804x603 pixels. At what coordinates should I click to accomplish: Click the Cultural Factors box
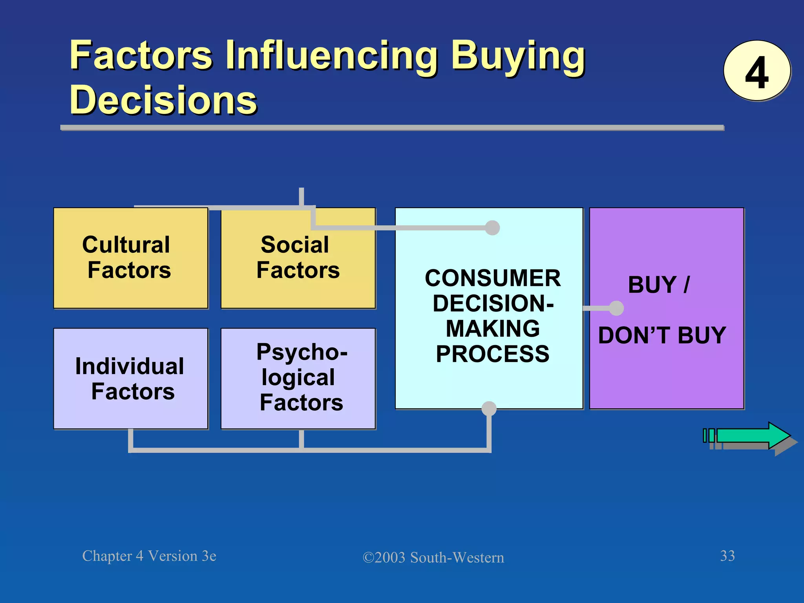click(130, 258)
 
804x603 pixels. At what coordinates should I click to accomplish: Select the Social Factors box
click(298, 258)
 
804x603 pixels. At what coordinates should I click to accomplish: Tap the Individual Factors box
click(130, 379)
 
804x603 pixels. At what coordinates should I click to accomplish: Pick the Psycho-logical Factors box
click(298, 379)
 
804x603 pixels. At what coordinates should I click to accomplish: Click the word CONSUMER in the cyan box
click(493, 278)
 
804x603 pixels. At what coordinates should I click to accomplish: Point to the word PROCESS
click(493, 354)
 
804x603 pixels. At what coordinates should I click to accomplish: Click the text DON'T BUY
click(662, 336)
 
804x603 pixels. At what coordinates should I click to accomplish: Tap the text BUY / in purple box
click(659, 285)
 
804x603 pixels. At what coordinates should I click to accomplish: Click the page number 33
click(727, 556)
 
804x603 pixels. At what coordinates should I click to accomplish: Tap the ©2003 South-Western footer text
click(433, 557)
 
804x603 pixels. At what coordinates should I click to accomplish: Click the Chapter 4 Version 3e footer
click(149, 556)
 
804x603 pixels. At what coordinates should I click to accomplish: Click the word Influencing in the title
click(331, 56)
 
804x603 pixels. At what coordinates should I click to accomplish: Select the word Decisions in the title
click(163, 100)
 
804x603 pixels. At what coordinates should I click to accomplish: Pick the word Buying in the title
click(517, 56)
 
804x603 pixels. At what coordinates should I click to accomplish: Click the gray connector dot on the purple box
click(616, 308)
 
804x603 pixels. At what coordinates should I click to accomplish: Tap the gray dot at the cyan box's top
click(492, 228)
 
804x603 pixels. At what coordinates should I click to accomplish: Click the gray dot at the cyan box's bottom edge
click(489, 409)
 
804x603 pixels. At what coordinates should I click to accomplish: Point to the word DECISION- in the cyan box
click(493, 303)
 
